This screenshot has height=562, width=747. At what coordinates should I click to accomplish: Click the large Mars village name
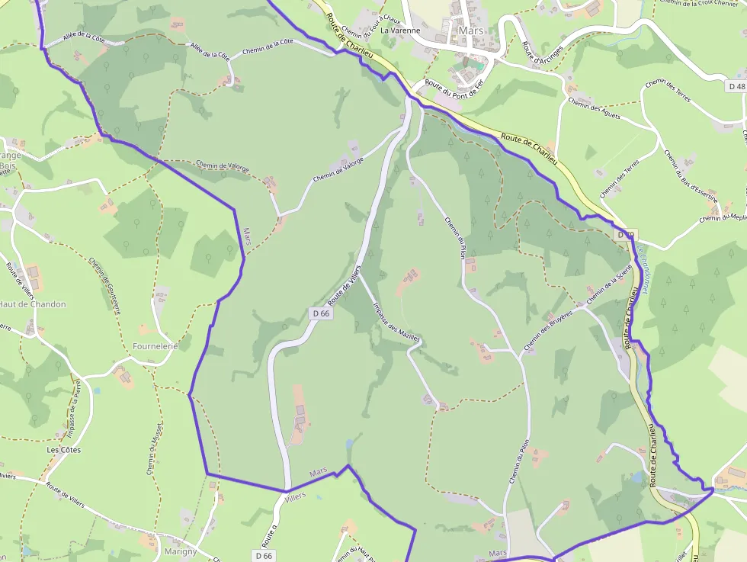471,31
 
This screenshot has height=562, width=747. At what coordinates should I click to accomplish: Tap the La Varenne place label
400,31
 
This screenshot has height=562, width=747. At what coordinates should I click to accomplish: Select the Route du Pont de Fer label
454,88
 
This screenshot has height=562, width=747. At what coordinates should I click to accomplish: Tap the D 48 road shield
736,87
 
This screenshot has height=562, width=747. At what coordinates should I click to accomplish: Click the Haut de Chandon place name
32,304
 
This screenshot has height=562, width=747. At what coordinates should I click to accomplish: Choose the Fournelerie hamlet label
155,346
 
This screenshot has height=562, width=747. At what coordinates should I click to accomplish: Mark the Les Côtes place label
63,450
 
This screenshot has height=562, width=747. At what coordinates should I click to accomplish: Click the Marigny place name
181,551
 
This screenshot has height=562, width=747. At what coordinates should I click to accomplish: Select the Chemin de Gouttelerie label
105,284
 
